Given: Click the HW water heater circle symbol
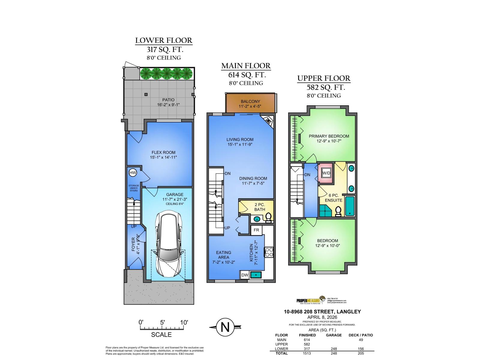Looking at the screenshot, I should pos(133,173).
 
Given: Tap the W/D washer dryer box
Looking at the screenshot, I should pos(326,173).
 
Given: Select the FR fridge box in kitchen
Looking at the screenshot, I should pos(256,230).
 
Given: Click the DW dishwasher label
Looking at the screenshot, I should pos(244,274).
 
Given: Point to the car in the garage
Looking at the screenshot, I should pos(168,243).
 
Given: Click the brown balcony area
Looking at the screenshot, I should pos(250,103).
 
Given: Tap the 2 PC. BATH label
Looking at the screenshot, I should pos(260,207).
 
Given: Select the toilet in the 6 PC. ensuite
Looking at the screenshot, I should pos(338,211).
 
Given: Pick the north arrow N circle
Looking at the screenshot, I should pos(225,327).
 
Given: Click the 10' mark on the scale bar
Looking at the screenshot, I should pos(184,323).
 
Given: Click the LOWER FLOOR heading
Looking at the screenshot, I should pos(163,40).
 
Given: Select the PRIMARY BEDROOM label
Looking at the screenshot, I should pos(329,136).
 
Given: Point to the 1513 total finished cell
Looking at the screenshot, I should pos(307,353).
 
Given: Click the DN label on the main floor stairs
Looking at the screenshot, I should pos(227,173).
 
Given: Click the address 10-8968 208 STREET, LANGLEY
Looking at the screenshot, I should pos(322,312).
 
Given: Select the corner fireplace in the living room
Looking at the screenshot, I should pos(268,120).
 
